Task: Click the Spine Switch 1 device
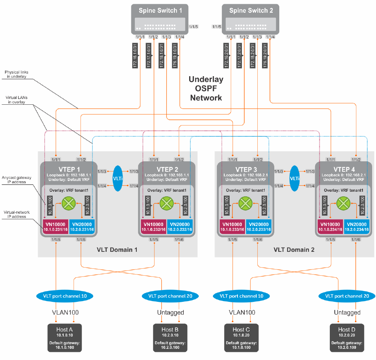pos(160,19)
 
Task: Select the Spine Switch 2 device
pos(251,19)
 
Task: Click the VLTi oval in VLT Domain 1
pos(117,179)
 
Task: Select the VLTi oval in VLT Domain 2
pos(295,179)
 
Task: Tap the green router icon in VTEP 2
pos(166,203)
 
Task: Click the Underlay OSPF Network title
pos(206,89)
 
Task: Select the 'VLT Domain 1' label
pos(117,250)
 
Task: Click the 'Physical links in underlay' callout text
pos(18,74)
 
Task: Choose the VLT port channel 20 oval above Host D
pos(347,296)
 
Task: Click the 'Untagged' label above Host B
pos(170,313)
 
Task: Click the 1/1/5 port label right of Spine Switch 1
pos(193,27)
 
